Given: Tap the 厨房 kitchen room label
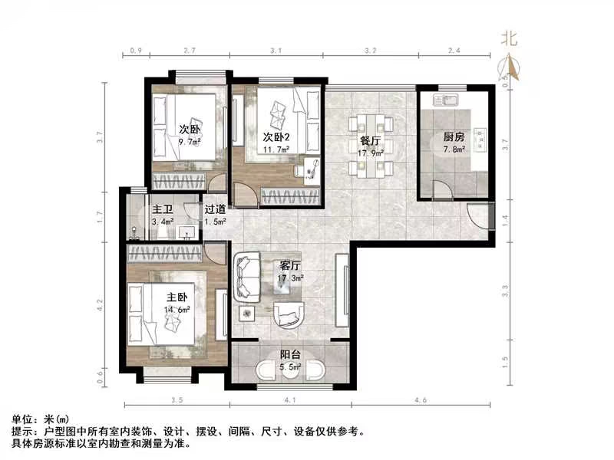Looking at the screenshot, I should [x=453, y=137].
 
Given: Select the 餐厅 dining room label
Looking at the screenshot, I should [x=371, y=141].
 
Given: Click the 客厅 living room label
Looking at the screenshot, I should [x=289, y=265].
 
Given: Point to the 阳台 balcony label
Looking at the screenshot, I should [x=289, y=355].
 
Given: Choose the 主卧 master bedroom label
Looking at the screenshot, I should [x=177, y=297].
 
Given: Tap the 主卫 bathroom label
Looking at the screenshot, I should [x=160, y=209].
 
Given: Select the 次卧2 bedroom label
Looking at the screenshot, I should [x=276, y=136].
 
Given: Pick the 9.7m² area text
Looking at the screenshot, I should [x=190, y=142].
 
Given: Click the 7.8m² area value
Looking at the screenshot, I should [x=454, y=150].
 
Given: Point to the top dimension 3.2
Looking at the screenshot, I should [x=370, y=51].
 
